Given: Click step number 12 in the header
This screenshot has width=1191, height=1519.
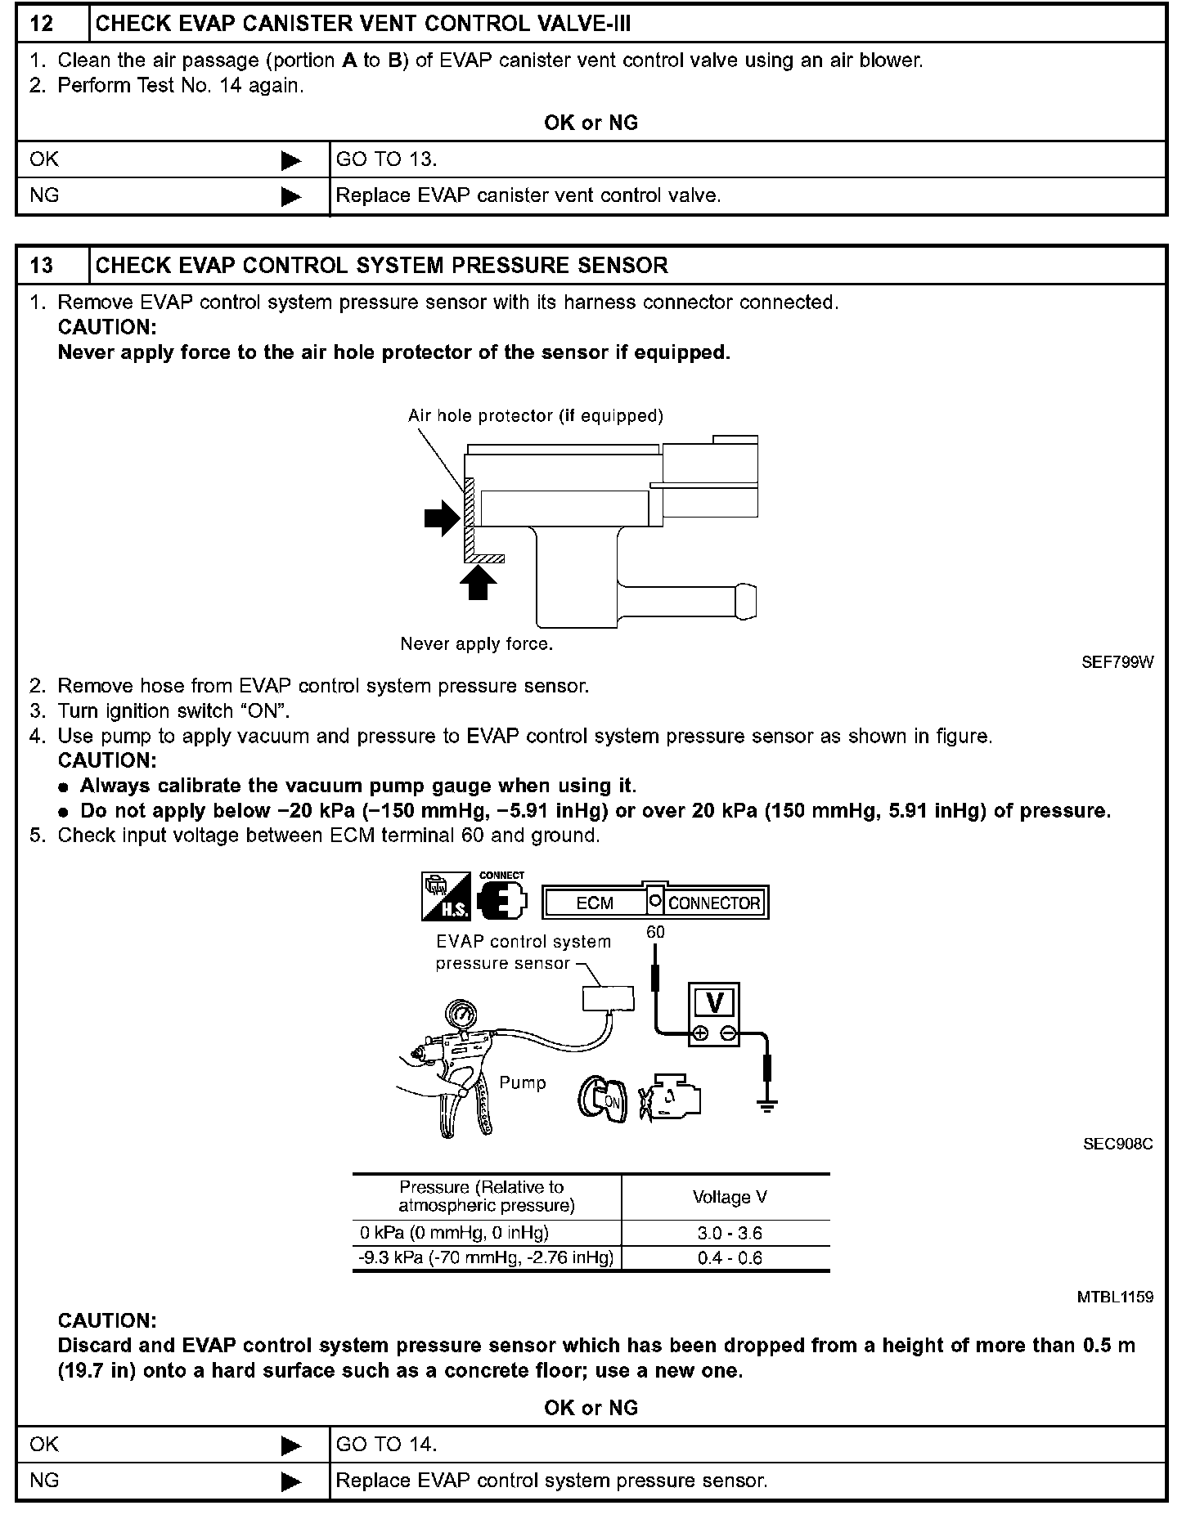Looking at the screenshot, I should coord(42,24).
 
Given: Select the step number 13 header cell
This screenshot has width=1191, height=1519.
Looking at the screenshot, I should coord(42,265).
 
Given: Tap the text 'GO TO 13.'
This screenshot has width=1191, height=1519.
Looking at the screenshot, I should coord(386,159).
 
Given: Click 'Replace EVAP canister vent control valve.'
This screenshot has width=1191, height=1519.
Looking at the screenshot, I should coord(528,196).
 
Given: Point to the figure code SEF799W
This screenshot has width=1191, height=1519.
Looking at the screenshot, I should coord(1117,663).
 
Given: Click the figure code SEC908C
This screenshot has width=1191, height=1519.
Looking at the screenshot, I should coord(1117,1144).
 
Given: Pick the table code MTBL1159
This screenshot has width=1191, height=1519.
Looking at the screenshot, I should coord(1116,1297).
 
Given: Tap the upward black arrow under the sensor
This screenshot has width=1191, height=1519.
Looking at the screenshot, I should coord(479,584).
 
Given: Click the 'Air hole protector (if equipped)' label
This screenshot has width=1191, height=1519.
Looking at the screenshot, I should coord(536,415).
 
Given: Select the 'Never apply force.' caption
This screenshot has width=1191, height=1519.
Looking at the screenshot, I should coord(476,644).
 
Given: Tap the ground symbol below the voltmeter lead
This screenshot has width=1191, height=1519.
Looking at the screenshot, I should coord(766,1106).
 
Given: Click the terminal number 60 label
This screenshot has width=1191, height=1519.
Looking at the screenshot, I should coord(655,932).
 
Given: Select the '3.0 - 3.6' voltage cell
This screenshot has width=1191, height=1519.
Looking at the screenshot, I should coord(730,1233).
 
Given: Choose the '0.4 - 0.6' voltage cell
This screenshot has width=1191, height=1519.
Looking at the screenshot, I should coord(730,1258).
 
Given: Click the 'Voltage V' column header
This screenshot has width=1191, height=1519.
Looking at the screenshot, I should coord(730,1197).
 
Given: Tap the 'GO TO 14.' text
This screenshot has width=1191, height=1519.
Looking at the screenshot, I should coord(386,1445).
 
